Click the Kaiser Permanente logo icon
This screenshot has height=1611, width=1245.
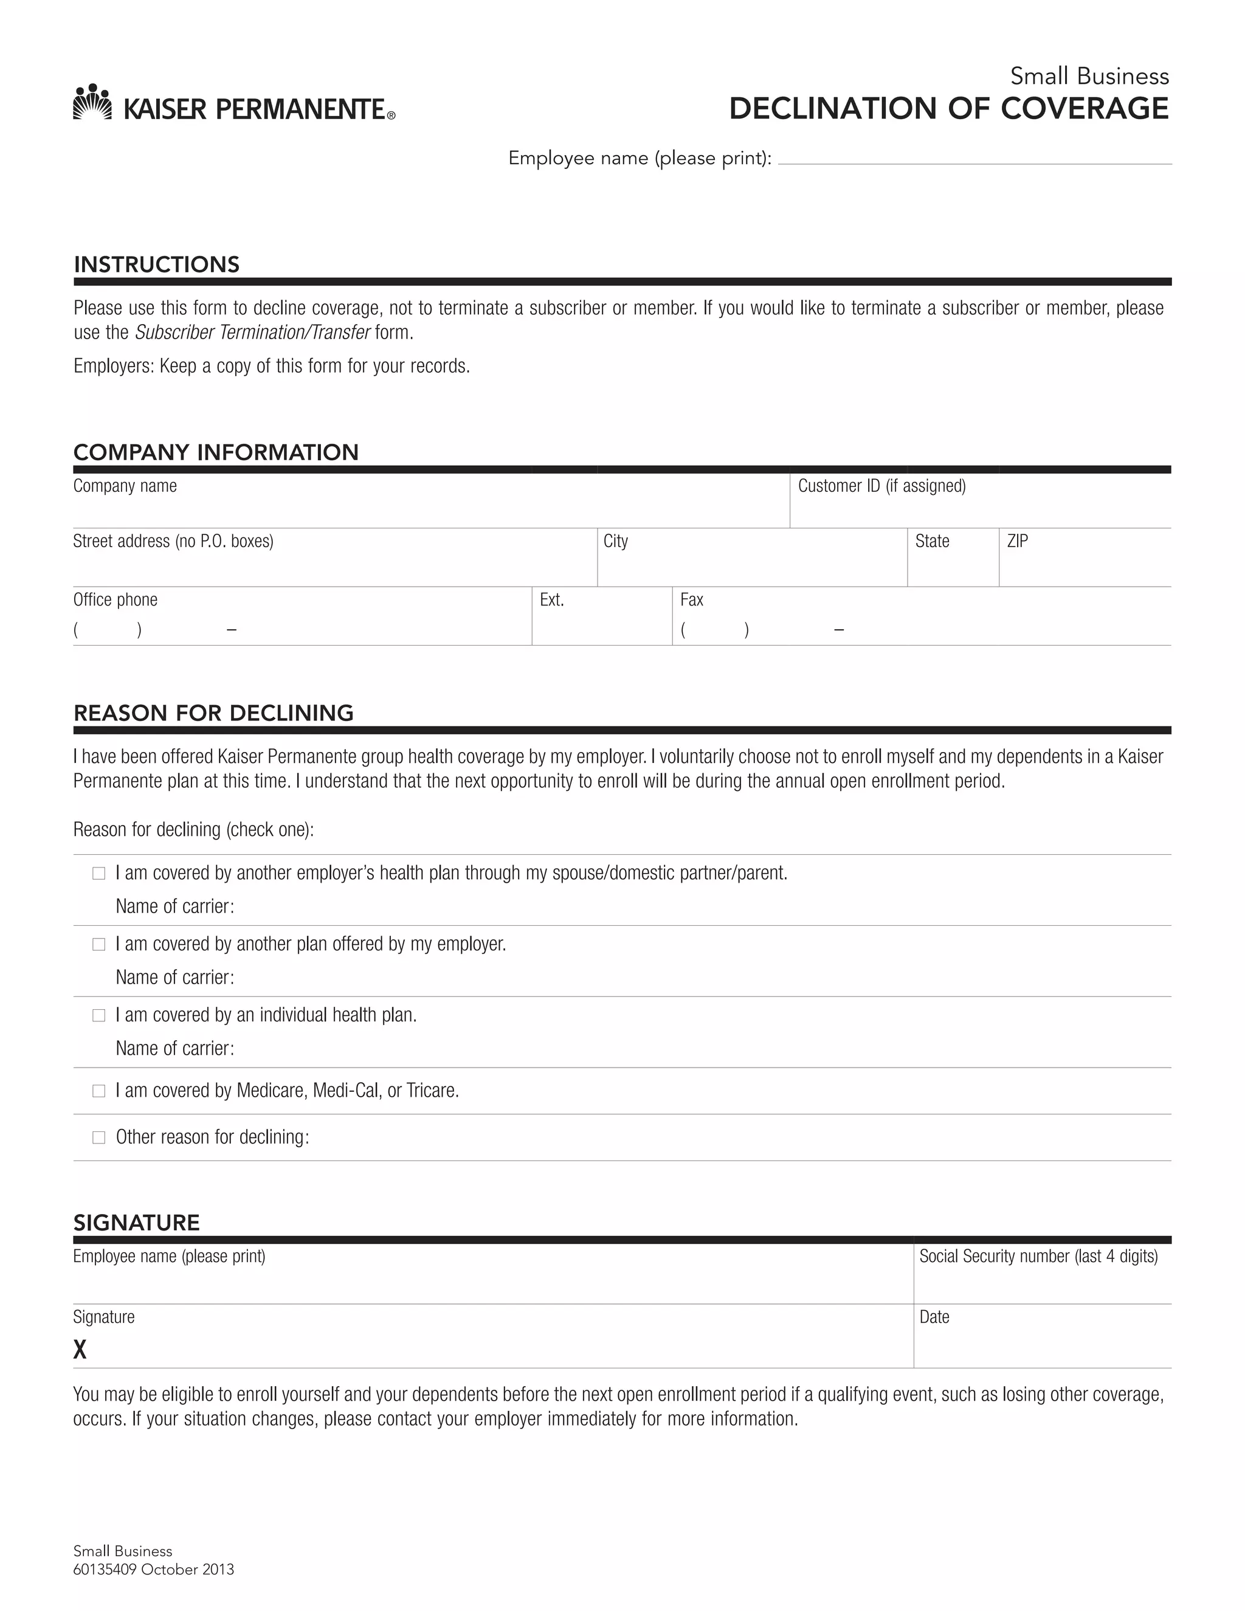92,102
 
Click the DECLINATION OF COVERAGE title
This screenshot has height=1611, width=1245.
948,108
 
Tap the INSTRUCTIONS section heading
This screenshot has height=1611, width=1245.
156,264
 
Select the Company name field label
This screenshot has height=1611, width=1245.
125,486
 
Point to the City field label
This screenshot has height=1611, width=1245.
615,542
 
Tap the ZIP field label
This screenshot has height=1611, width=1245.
1017,542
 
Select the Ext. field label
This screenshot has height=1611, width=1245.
552,599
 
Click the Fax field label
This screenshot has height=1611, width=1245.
691,599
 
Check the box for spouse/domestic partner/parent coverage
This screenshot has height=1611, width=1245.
99,874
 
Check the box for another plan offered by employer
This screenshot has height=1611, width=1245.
99,944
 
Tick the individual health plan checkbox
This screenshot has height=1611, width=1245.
99,1015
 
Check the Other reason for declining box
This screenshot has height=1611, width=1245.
99,1137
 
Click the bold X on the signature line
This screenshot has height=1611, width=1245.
80,1349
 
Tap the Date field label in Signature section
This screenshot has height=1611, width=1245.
934,1317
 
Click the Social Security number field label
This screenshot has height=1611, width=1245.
1038,1256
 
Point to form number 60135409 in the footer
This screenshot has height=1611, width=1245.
105,1569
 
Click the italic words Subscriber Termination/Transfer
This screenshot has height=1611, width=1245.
252,333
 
